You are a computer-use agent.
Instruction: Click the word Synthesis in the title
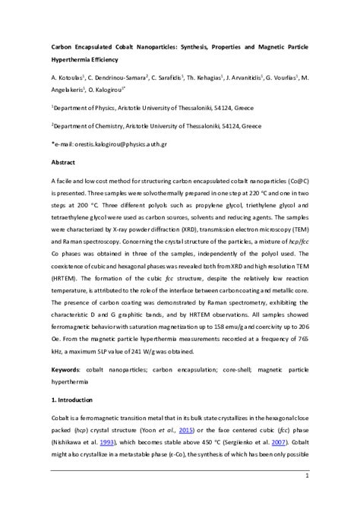coord(190,47)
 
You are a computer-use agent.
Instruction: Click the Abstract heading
coord(63,163)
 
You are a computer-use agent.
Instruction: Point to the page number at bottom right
coord(305,497)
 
